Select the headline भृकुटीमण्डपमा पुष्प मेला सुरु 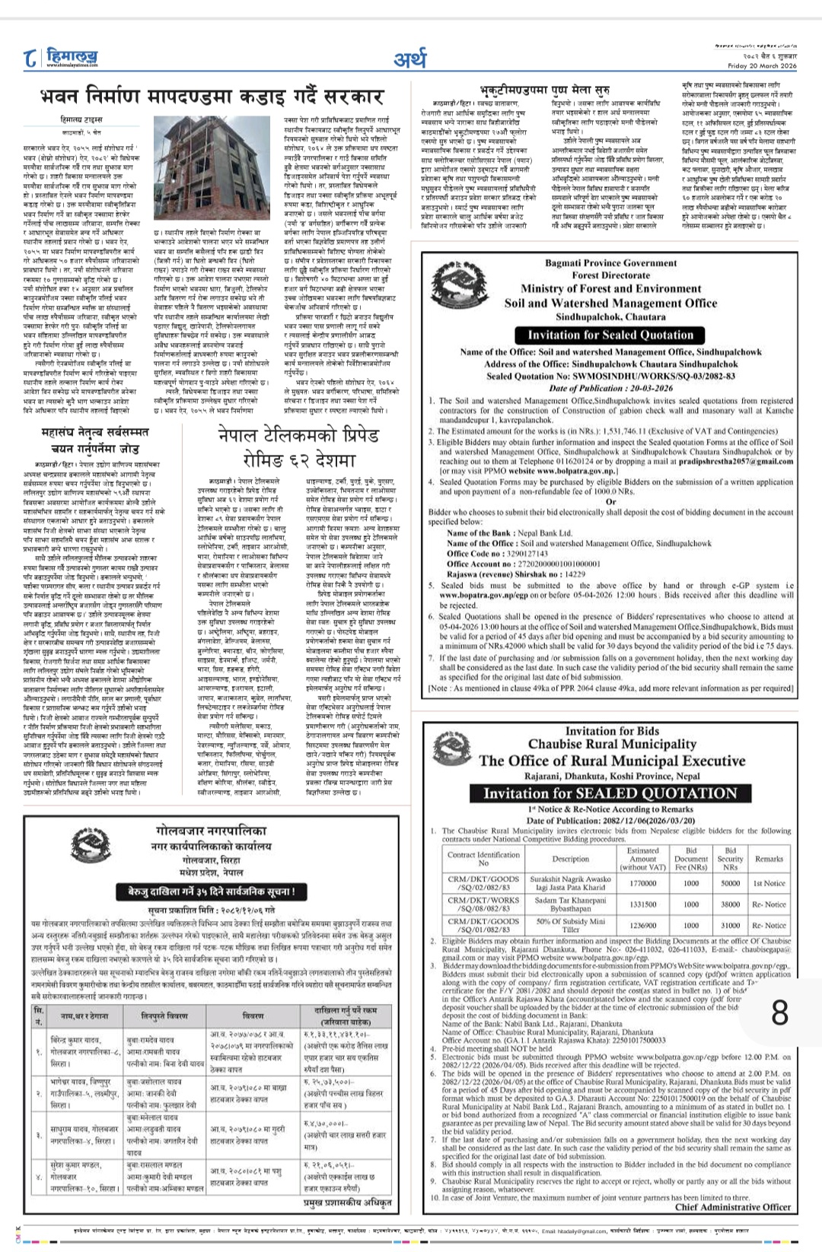click(543, 90)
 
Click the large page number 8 click(780, 1012)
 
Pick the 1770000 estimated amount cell click(642, 883)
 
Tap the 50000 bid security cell click(730, 883)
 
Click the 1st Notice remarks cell click(769, 883)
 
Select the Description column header click(571, 859)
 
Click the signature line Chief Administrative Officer click(732, 1206)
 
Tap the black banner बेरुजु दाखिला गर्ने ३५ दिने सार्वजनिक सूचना click(206, 891)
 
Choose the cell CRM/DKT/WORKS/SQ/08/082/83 click(483, 904)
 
